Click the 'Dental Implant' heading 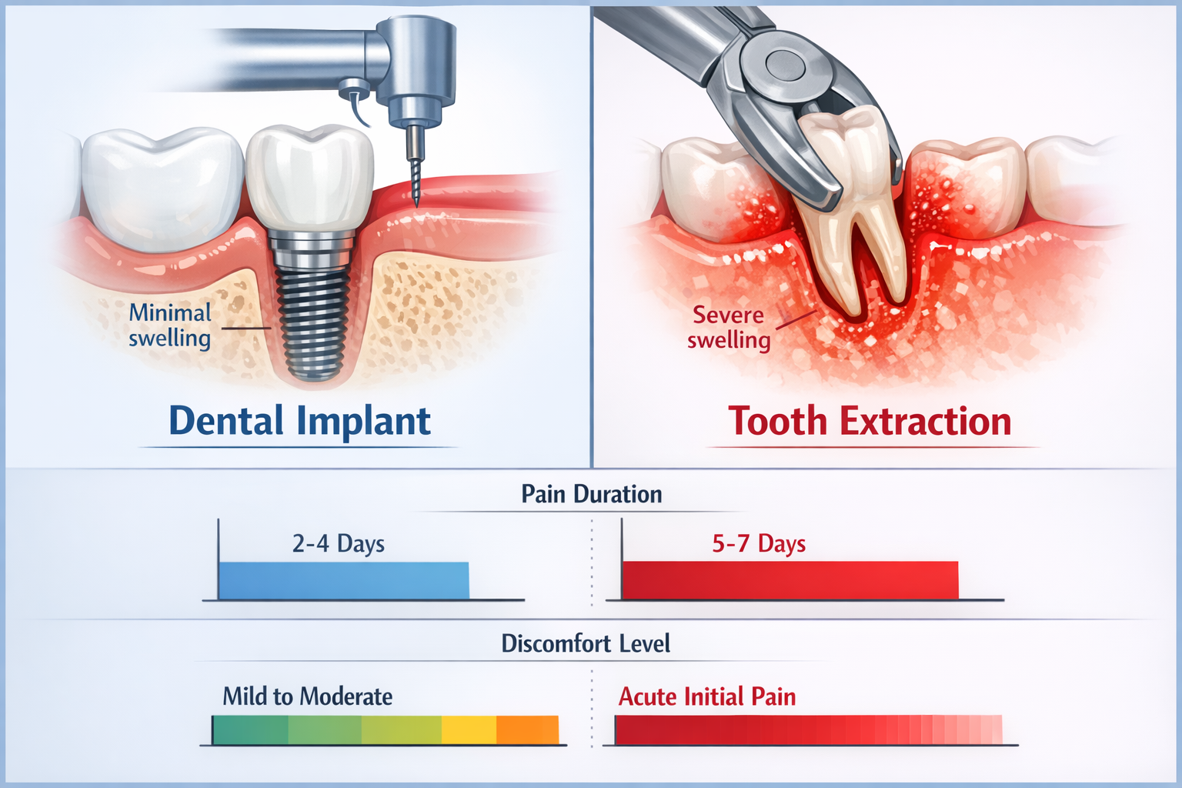(299, 422)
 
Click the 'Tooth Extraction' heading (870, 422)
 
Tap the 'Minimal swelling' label (170, 325)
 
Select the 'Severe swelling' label (728, 327)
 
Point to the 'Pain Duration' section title (591, 494)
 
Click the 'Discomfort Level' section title (586, 643)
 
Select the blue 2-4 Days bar (343, 580)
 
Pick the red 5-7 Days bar (790, 580)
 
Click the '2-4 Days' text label (338, 544)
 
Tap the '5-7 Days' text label (759, 544)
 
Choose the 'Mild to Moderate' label (307, 696)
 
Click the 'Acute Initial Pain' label (707, 696)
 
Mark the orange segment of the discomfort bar (527, 730)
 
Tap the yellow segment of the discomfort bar (469, 730)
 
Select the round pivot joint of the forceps (784, 65)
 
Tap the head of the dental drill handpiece (416, 62)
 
